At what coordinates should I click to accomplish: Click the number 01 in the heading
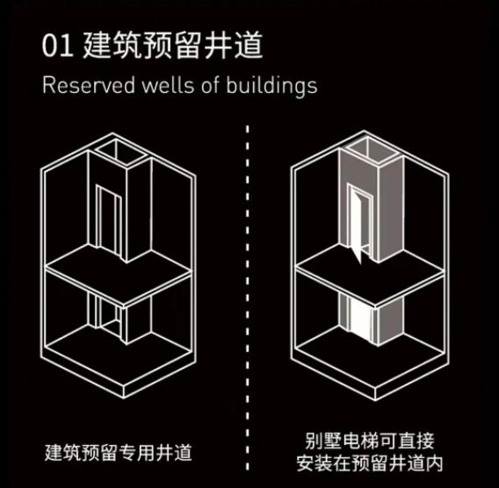pos(58,47)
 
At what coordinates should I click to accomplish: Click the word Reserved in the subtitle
pos(89,85)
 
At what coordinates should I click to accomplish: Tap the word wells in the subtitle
pos(168,85)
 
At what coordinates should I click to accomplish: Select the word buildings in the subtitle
pos(271,86)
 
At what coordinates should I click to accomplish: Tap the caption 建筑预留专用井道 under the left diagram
pos(119,452)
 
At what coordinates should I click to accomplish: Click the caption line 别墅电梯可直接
pos(370,441)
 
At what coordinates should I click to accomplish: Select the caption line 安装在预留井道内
pos(370,463)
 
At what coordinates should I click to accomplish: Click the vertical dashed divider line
pos(248,298)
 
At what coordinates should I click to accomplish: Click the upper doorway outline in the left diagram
pos(109,219)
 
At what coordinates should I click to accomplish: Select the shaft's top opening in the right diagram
pos(372,150)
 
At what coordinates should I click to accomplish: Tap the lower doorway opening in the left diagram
pos(109,313)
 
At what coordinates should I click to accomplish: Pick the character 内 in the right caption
pos(435,463)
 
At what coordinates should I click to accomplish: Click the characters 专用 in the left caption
pos(137,452)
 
